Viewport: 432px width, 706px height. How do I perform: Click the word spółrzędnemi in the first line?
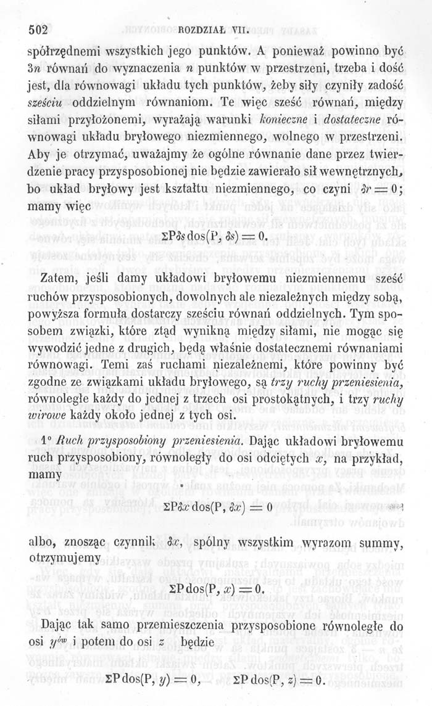click(x=66, y=51)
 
